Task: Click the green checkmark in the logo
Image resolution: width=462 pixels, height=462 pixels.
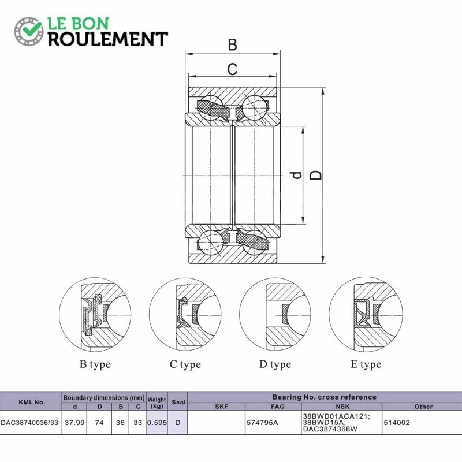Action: coord(31,28)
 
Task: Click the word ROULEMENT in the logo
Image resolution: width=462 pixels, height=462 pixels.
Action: coord(108,39)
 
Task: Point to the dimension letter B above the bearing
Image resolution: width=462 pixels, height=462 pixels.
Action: coord(233,45)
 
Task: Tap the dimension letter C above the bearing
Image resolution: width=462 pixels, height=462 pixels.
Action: coord(233,69)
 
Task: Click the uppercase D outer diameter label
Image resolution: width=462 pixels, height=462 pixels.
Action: coord(315,175)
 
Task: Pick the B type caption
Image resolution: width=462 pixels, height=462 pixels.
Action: coord(95,364)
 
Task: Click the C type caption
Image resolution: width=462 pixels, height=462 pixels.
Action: coord(185,364)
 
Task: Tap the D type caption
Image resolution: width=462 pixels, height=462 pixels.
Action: coord(275,364)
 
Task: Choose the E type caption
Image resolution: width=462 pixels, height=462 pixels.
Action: coord(366,364)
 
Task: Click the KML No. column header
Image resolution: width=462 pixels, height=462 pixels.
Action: coord(32,402)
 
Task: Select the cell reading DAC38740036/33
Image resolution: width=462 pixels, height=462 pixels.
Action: coord(29,423)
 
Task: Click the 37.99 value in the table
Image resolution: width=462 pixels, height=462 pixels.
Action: coord(74,423)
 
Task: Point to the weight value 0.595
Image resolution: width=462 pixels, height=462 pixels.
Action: coord(157,423)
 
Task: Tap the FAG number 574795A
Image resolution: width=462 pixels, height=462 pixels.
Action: coord(262,423)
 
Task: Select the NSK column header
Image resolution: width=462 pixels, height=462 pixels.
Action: coord(342,407)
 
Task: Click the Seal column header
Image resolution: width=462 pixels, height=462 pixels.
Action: coord(178,402)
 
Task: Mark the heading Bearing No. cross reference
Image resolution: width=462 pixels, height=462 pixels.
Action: coord(324,397)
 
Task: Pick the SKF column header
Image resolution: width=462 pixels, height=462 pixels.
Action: coord(221,407)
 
